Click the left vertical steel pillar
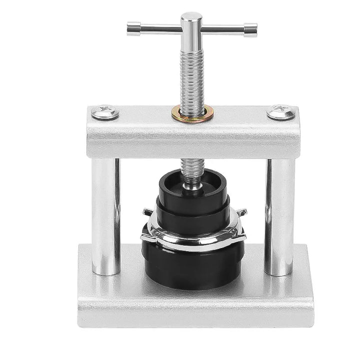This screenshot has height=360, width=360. [106, 215]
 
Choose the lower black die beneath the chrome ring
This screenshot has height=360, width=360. [192, 265]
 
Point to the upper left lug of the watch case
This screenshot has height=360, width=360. [146, 212]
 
